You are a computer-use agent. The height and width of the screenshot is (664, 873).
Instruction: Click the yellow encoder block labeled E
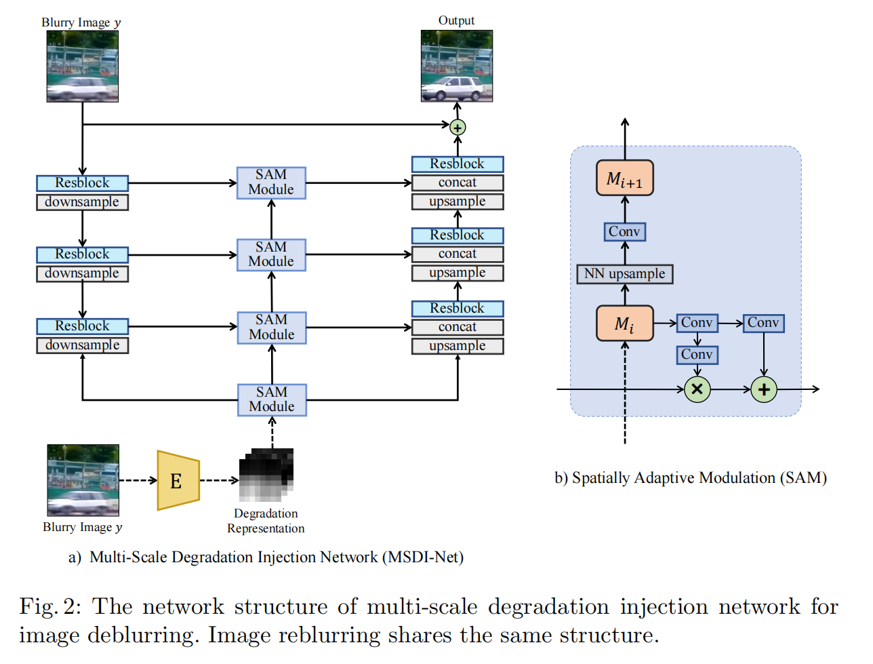coord(178,480)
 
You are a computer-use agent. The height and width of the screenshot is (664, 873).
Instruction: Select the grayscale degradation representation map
coord(266,475)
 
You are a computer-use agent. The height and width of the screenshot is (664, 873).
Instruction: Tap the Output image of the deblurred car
coord(456,66)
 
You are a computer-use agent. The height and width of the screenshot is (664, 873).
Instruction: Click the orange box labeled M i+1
coord(624,178)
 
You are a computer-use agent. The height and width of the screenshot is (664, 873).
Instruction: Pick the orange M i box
coord(624,324)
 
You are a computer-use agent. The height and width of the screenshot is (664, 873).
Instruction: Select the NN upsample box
coord(624,274)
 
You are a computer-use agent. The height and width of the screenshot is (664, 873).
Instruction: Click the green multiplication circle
coord(697,389)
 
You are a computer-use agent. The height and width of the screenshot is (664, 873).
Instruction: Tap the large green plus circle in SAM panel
coord(764,389)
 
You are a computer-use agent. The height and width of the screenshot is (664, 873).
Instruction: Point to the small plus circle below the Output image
coord(458,128)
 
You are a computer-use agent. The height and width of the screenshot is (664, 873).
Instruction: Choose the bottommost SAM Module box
coord(272,399)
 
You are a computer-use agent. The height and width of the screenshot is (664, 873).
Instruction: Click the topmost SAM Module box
coord(271,182)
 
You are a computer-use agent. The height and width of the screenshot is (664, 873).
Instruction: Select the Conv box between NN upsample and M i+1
coord(624,232)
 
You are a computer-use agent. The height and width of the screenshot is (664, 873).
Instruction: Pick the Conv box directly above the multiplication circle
coord(697,355)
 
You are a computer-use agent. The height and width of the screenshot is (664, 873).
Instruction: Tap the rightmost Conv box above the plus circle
coord(763,323)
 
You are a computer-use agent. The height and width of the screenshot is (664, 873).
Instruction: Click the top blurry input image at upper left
coord(82,66)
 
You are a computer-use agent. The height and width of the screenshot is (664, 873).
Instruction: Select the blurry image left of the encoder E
coord(83,480)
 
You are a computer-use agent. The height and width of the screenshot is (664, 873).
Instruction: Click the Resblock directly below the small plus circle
coord(458,164)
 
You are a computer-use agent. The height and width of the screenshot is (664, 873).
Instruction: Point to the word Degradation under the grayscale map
coord(266,513)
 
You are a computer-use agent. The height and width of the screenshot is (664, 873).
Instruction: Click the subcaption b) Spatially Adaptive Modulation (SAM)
coord(691,478)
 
